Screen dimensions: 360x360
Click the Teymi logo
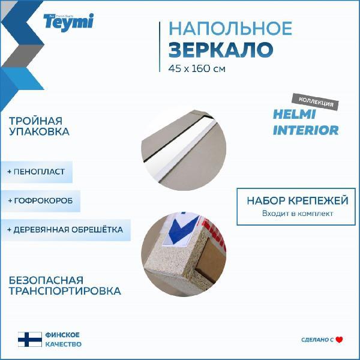click(x=68, y=21)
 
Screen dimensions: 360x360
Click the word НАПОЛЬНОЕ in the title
click(x=230, y=28)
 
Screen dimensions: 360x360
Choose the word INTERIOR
click(x=305, y=130)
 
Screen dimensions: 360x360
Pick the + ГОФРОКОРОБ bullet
click(x=40, y=200)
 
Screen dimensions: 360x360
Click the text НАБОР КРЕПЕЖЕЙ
click(x=296, y=200)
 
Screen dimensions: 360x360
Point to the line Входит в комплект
click(x=296, y=214)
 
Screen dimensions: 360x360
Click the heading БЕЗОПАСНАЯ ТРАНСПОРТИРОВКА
click(x=65, y=286)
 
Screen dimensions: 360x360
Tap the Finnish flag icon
click(x=29, y=340)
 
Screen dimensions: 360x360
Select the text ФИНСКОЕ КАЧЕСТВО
click(x=62, y=340)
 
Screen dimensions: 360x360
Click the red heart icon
click(x=339, y=340)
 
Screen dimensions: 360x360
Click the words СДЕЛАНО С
click(x=317, y=340)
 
